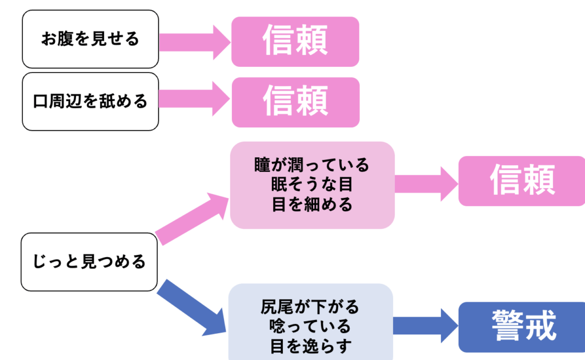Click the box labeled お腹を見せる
point(90,39)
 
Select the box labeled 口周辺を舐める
point(90,102)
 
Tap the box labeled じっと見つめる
point(89,262)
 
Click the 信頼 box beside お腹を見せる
point(295,41)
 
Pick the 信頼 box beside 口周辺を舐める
point(295,102)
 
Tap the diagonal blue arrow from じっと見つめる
point(191,306)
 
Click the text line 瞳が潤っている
point(312,166)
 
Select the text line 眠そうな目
point(312,185)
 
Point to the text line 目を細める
point(312,205)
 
